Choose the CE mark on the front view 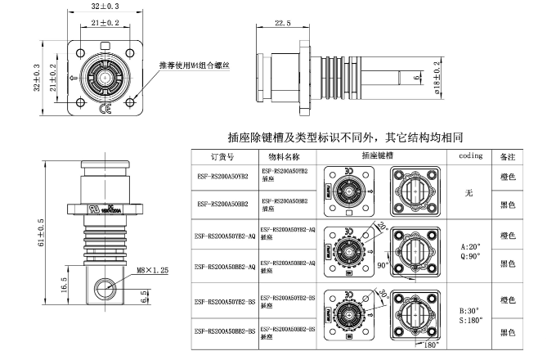pos(106,110)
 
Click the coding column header pos(470,155)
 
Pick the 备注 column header pos(509,155)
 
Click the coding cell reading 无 pos(469,194)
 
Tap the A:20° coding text pos(472,245)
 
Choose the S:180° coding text pos(473,321)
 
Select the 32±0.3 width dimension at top pos(106,7)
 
